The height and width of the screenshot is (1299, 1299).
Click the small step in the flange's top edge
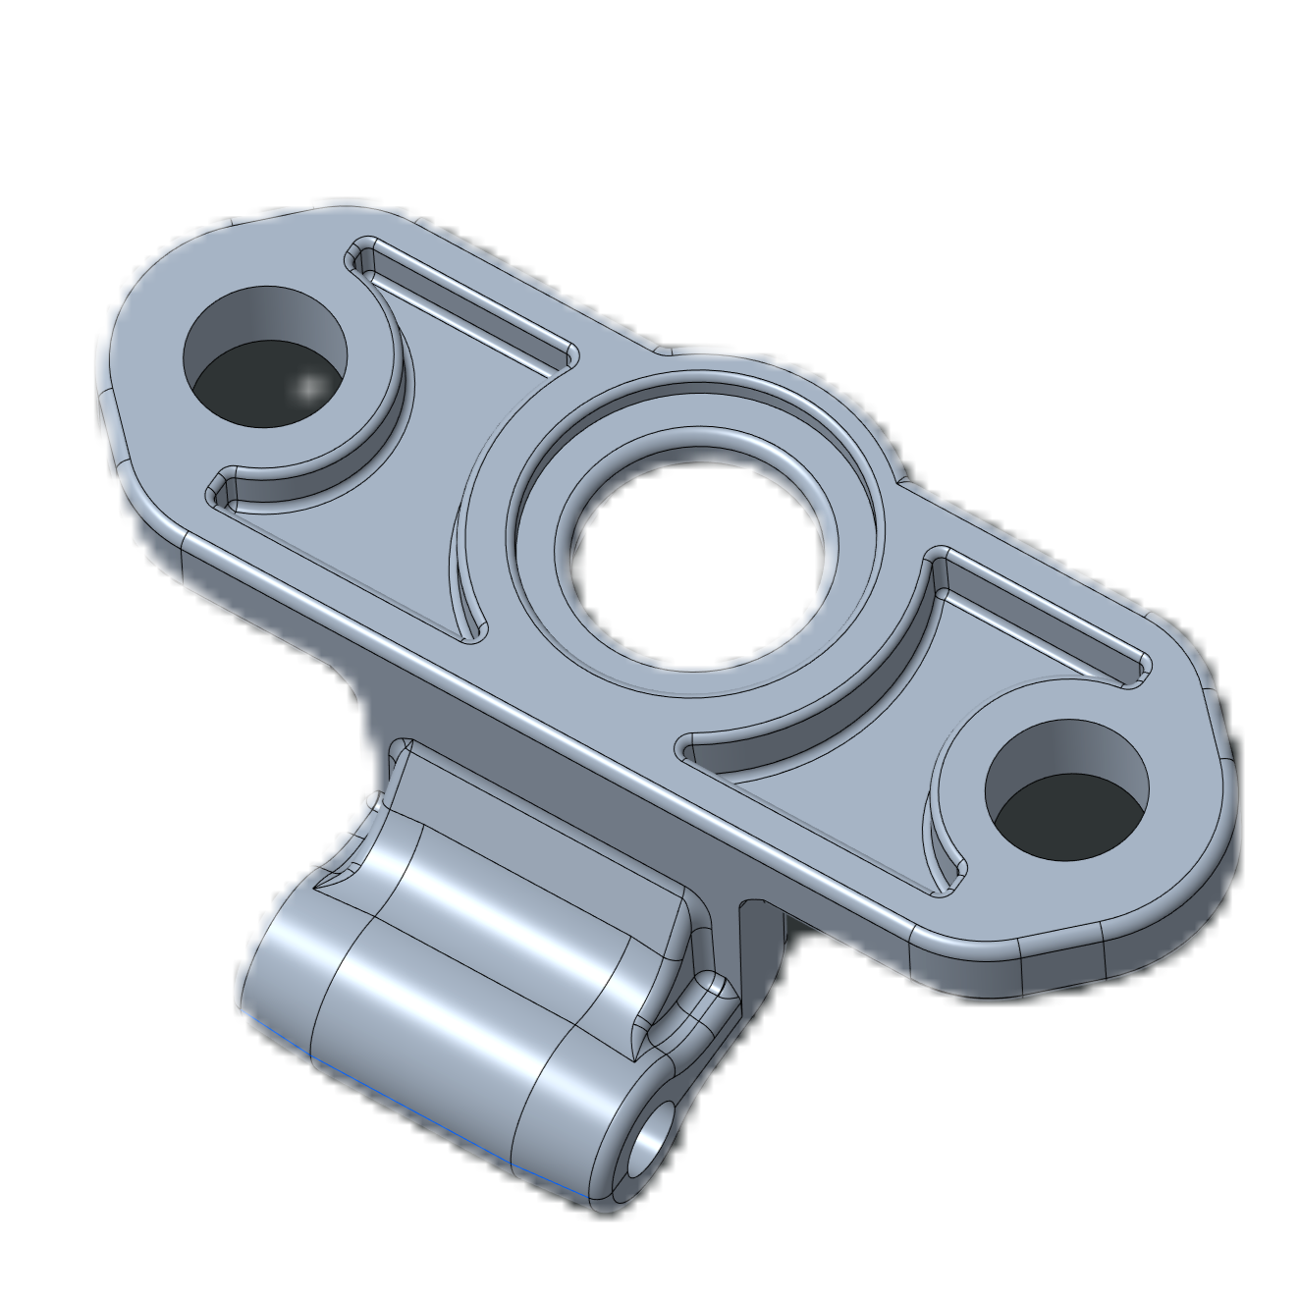coord(663,349)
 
